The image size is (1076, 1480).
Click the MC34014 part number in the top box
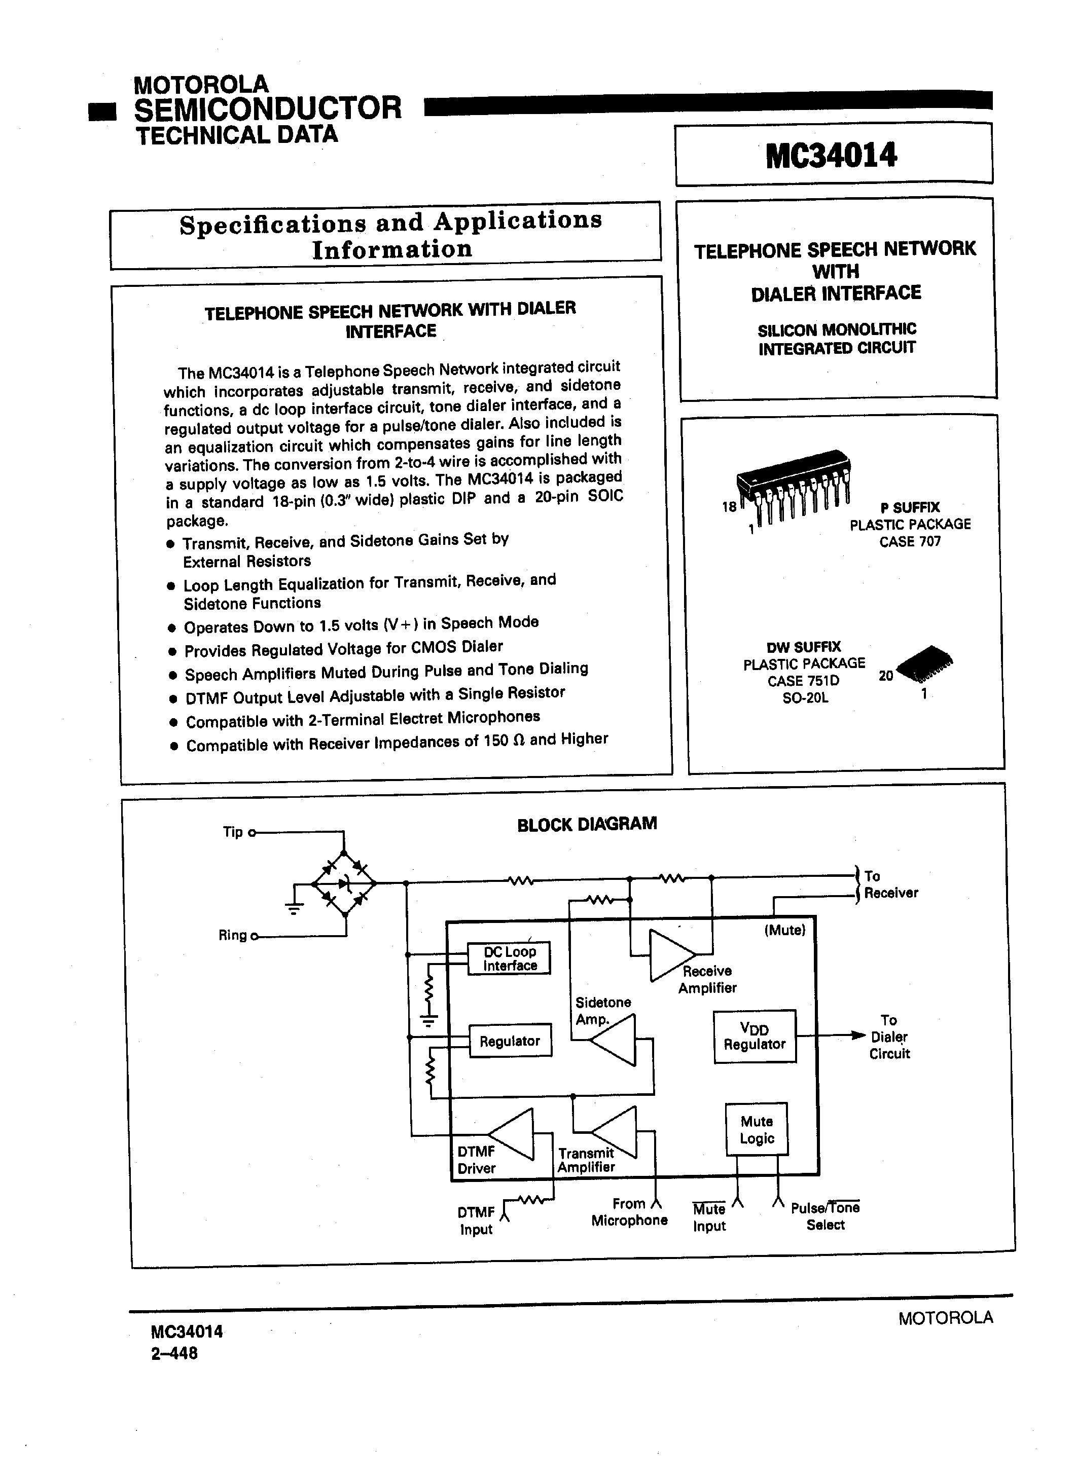point(831,156)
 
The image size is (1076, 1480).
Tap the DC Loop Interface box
point(509,958)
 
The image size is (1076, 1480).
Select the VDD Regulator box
point(754,1037)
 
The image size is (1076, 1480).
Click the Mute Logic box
point(756,1130)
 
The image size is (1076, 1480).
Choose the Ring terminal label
point(232,935)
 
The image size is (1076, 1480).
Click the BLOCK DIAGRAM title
point(586,824)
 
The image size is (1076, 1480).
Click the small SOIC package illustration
point(925,665)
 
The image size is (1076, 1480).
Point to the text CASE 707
point(910,542)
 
